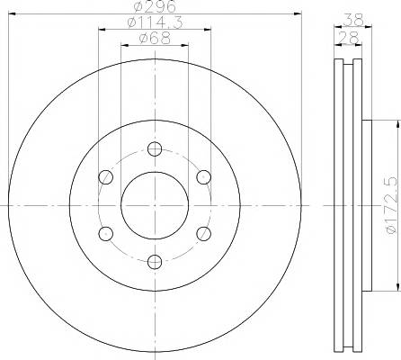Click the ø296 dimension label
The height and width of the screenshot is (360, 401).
[x=155, y=6]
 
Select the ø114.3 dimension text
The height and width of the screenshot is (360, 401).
[x=155, y=22]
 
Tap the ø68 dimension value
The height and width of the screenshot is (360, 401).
[x=155, y=39]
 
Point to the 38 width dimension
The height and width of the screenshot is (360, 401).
[x=353, y=20]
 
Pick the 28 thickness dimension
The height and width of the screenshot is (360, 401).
[x=348, y=38]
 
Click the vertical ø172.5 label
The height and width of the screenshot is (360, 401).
[x=393, y=205]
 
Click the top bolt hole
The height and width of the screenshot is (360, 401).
[x=155, y=149]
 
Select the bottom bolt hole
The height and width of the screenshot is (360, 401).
[x=155, y=262]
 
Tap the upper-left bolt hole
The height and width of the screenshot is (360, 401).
[x=106, y=177]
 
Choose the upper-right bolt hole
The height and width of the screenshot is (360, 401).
[x=204, y=177]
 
